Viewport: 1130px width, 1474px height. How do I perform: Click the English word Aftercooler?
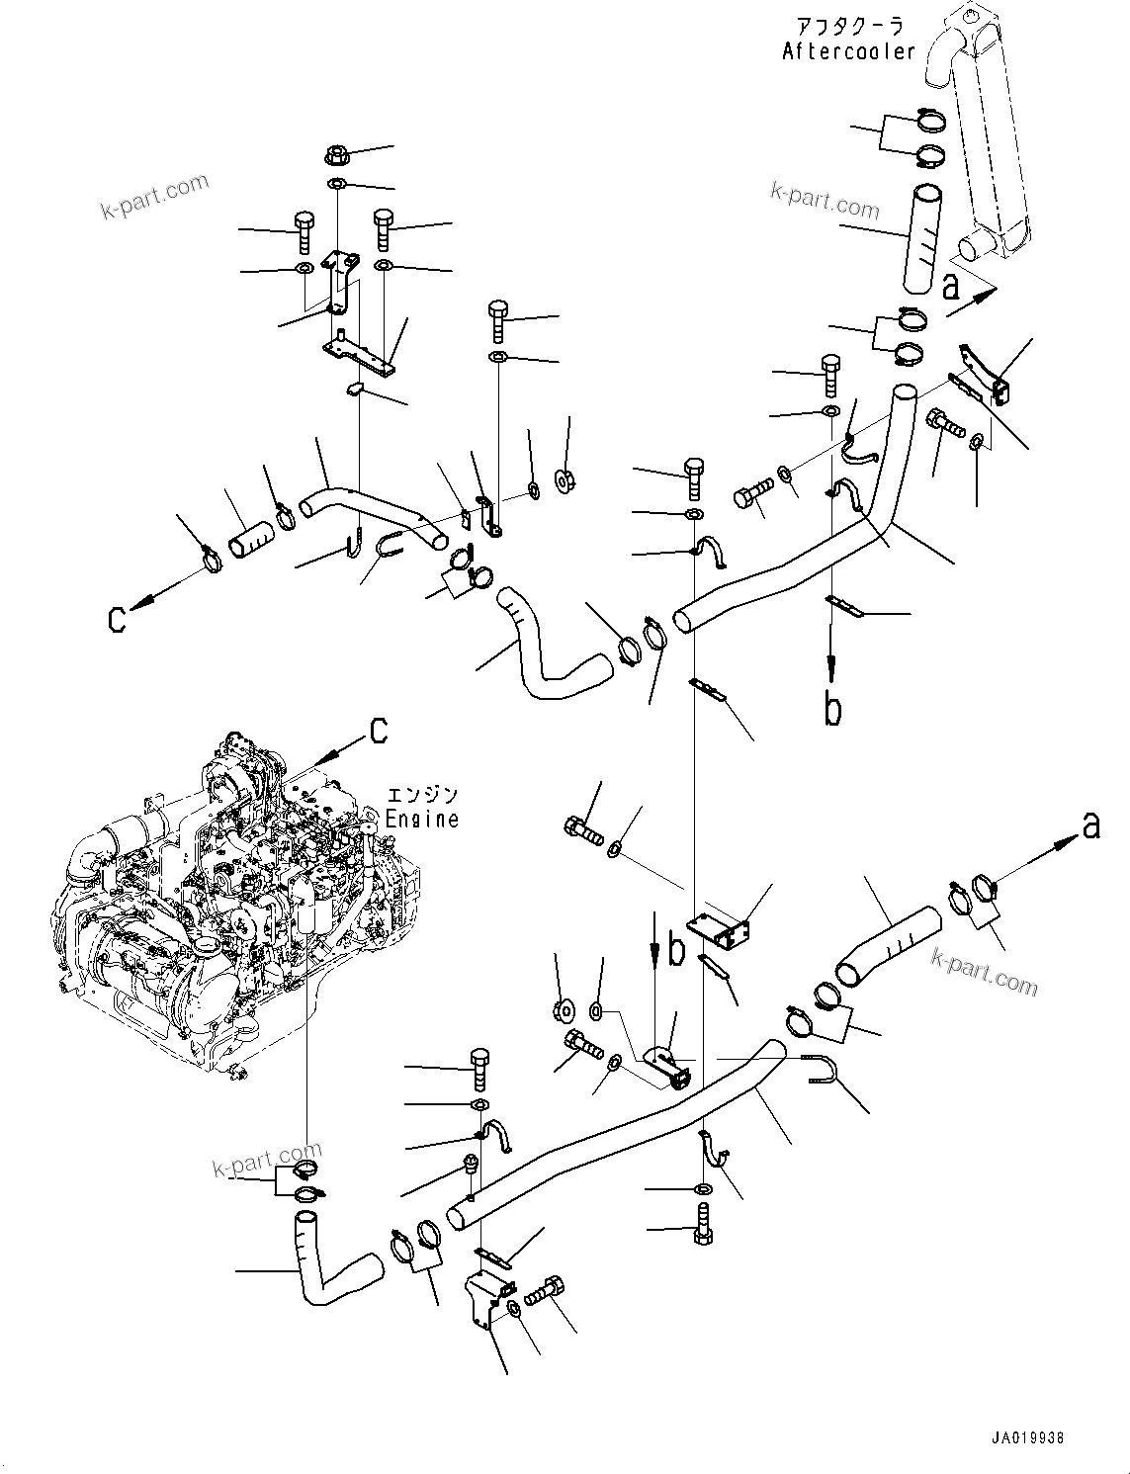[849, 51]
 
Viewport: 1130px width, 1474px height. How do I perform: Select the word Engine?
[422, 819]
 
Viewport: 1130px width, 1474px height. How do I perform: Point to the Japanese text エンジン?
[422, 795]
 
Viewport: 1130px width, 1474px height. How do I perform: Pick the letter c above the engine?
[378, 730]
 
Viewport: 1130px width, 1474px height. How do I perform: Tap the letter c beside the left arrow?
[118, 619]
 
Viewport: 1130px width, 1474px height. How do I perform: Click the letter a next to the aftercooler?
[951, 287]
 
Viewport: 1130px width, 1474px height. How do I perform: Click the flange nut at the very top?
[335, 155]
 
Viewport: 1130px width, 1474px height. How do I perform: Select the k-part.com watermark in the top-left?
[155, 198]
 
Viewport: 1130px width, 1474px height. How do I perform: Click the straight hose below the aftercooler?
[919, 239]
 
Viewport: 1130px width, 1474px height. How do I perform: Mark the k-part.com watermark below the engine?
[267, 1159]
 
